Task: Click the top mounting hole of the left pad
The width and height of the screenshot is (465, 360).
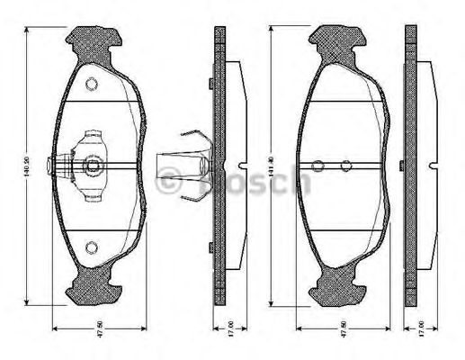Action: pos(90,85)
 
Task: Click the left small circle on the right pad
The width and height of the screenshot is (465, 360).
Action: pos(317,166)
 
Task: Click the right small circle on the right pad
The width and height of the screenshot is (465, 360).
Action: pos(345,166)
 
